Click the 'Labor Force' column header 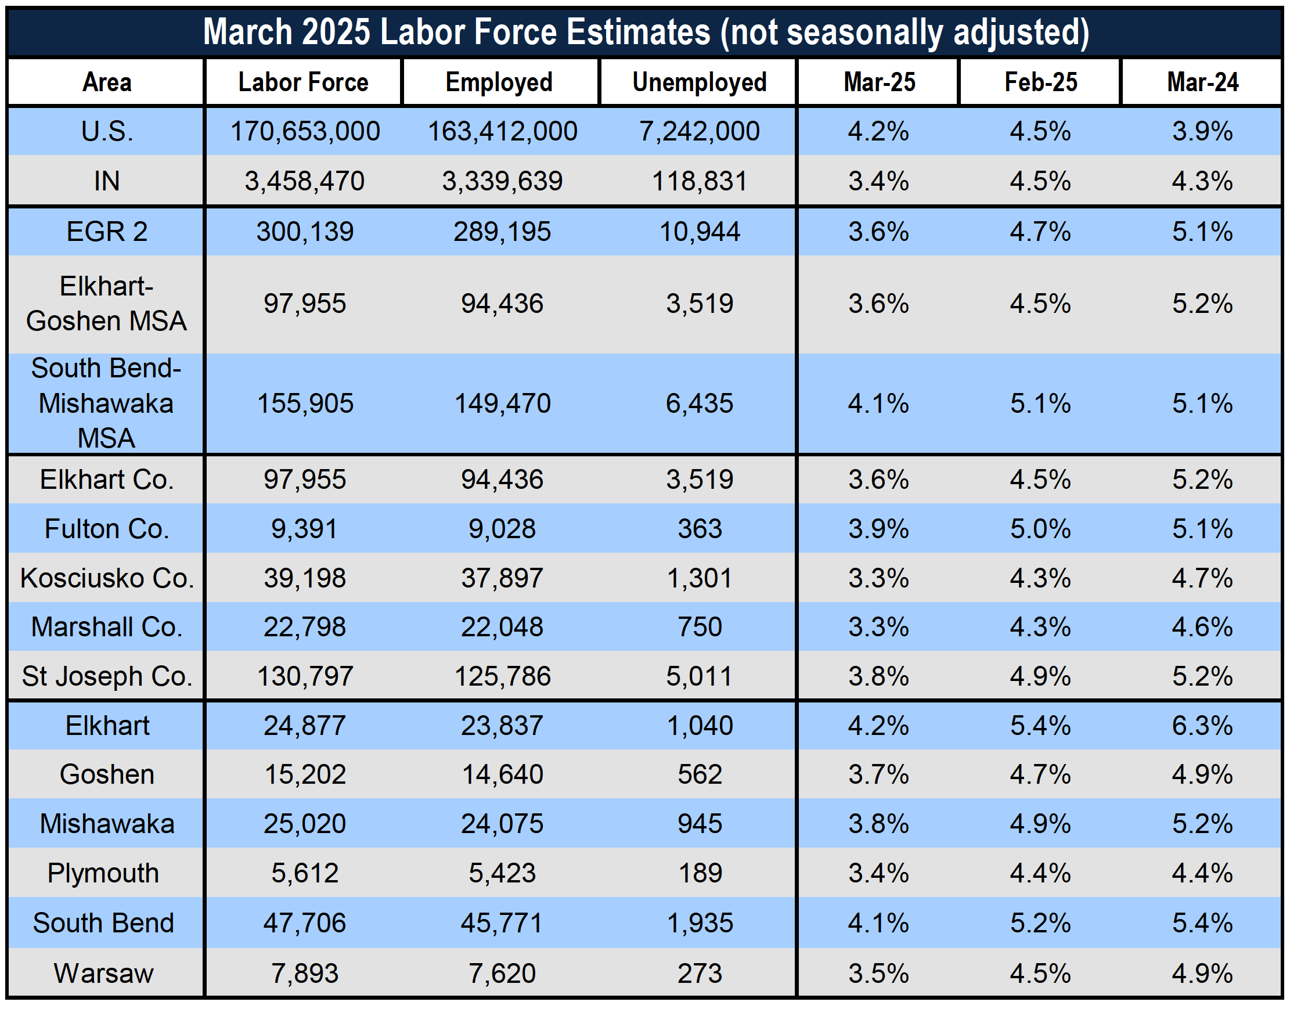click(x=303, y=82)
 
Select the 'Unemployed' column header click(x=700, y=82)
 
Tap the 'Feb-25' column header click(x=1041, y=82)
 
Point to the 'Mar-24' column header click(x=1202, y=82)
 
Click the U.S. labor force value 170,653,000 click(x=305, y=131)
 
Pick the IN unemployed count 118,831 click(x=700, y=181)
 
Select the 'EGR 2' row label click(x=107, y=232)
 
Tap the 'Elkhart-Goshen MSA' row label click(x=107, y=304)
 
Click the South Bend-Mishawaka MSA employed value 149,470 click(x=502, y=403)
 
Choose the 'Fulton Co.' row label click(x=107, y=529)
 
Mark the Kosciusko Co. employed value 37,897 click(x=502, y=578)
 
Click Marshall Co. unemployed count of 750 click(x=700, y=627)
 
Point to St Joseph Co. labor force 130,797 click(x=305, y=676)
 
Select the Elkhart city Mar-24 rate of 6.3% click(x=1202, y=726)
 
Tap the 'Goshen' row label click(x=107, y=774)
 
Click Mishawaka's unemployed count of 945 click(x=700, y=823)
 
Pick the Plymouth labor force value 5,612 click(x=305, y=873)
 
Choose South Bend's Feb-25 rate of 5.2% click(x=1041, y=922)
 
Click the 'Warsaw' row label click(x=104, y=973)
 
